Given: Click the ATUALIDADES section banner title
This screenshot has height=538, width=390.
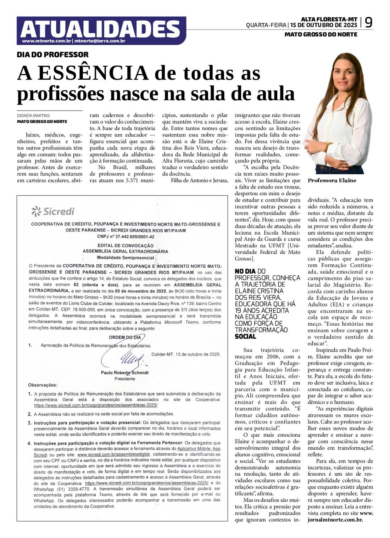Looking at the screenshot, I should click(100, 29).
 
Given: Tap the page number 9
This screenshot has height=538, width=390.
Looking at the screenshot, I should click(369, 23).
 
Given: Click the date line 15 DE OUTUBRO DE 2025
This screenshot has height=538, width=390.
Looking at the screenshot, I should click(324, 25).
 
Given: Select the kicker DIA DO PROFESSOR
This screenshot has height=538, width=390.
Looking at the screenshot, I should click(53, 55).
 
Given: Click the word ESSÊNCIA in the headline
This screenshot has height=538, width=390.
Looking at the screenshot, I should click(93, 73).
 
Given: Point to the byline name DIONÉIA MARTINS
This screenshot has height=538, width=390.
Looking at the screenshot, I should click(33, 116).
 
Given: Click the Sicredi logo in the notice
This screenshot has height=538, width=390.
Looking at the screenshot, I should click(53, 212).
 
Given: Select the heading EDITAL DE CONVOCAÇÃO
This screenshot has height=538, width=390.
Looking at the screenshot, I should click(126, 245).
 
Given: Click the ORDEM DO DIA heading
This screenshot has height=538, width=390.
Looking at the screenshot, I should click(124, 337).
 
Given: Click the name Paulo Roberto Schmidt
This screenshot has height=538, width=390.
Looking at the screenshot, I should click(125, 372).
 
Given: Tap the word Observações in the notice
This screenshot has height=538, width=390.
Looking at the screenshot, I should click(43, 385).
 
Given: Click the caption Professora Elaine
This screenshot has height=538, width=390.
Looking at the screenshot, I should click(332, 180).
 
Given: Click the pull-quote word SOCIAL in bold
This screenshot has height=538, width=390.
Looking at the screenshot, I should click(245, 336).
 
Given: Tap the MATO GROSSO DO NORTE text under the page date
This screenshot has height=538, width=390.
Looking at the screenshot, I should click(321, 34).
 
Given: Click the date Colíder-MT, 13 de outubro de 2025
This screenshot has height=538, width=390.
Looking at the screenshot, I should click(186, 354).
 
